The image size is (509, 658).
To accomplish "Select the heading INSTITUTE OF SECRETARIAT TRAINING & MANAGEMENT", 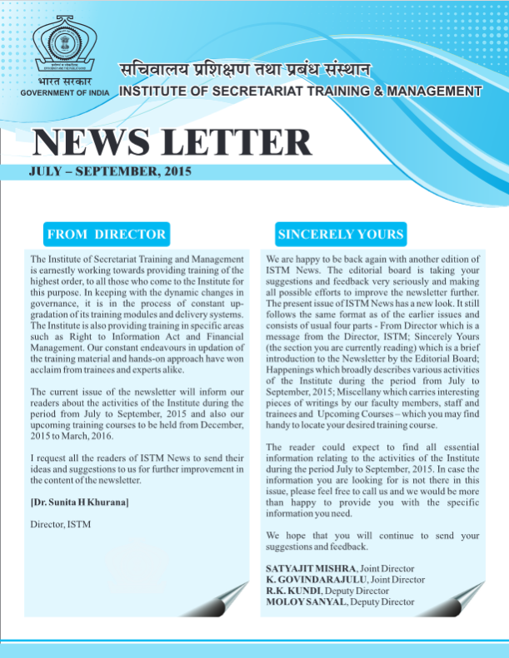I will point(301,91).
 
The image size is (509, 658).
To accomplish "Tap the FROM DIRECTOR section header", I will point(107,234).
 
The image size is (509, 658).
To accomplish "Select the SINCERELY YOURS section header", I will point(341,234).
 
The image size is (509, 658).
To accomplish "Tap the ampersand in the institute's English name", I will point(378,91).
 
